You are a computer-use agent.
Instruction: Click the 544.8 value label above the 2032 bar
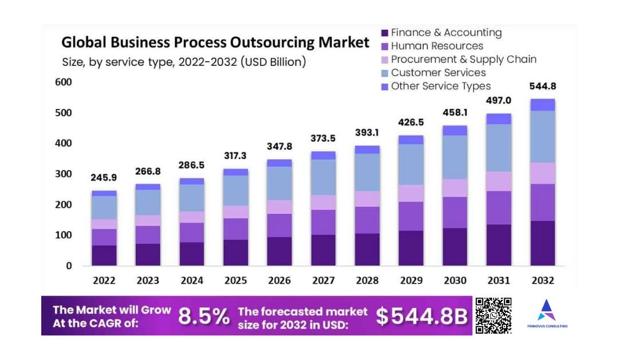542,87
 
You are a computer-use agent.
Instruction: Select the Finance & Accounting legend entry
441,33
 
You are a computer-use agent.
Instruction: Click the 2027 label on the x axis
323,280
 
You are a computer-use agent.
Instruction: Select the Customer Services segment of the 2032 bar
542,136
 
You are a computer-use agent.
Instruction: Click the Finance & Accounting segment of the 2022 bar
104,255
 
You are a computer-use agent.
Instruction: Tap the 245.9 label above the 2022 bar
104,178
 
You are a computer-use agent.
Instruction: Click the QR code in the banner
493,315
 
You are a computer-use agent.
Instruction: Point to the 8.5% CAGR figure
204,316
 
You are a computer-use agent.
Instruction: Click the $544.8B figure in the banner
422,316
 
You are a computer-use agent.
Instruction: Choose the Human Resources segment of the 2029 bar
411,216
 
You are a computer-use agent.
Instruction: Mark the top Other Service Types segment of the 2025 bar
236,172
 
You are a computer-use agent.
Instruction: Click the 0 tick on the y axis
69,265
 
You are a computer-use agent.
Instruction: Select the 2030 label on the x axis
455,280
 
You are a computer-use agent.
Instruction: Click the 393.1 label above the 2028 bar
367,132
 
